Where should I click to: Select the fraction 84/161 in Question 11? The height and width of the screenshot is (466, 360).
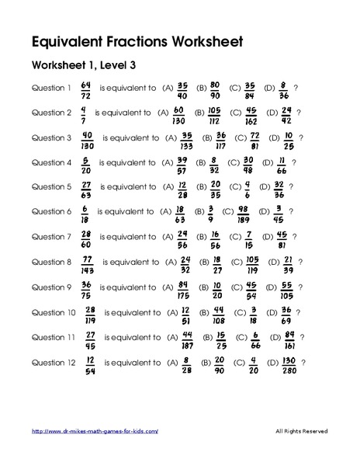pyautogui.click(x=289, y=339)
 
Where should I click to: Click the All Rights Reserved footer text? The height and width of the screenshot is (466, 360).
pyautogui.click(x=302, y=431)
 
